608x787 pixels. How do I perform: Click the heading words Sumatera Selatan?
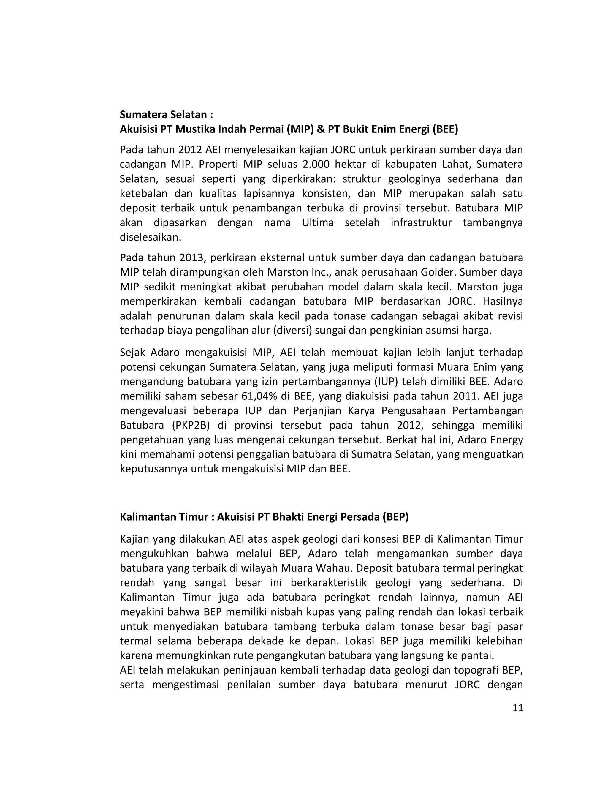click(x=164, y=115)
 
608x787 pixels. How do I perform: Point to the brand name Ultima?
click(x=318, y=223)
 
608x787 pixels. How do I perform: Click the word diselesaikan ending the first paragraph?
click(x=150, y=237)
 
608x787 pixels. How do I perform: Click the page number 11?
click(x=517, y=708)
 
